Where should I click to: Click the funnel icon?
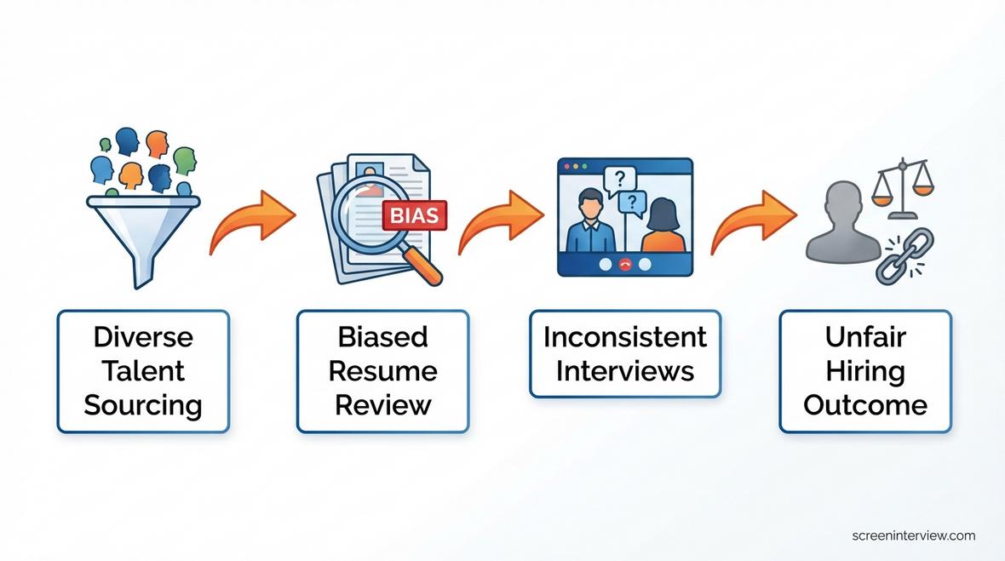142,230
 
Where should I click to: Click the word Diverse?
143,337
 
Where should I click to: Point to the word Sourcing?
143,404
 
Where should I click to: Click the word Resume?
382,371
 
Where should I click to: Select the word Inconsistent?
624,337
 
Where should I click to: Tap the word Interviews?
624,371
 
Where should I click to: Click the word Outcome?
864,404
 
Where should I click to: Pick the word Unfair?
864,337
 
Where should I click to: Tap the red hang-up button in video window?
624,265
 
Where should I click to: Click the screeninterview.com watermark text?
913,535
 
